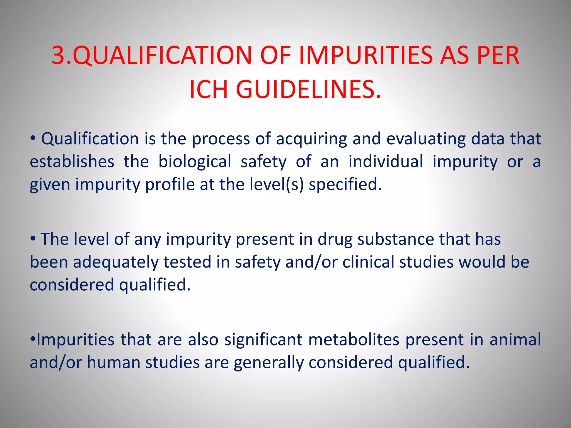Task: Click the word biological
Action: [195, 162]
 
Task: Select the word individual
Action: [386, 162]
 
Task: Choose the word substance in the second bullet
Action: [395, 239]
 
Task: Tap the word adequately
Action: [115, 262]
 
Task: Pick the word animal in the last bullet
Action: [515, 340]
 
